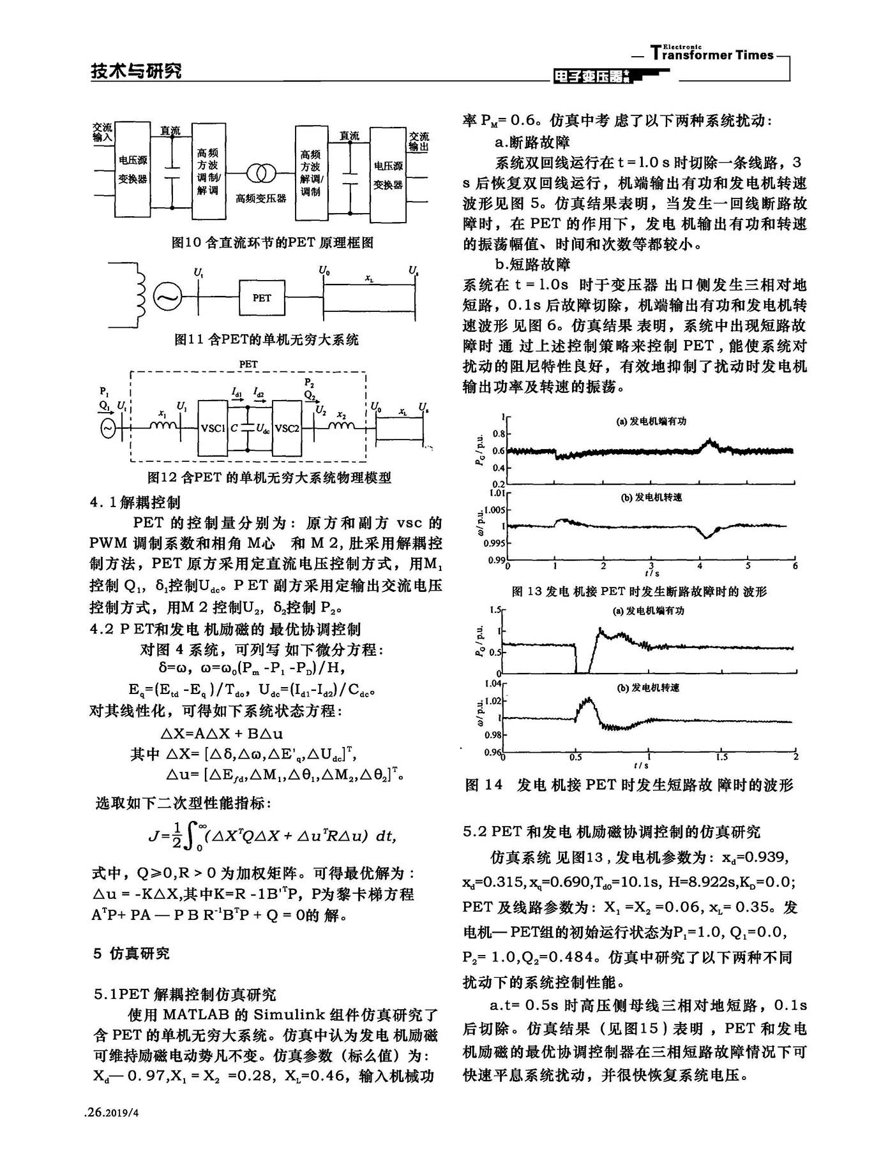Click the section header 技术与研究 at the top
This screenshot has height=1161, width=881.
136,71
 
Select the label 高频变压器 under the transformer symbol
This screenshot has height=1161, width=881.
261,198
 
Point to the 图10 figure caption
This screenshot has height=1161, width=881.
273,242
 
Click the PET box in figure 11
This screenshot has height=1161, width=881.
262,298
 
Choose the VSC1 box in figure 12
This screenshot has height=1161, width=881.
213,429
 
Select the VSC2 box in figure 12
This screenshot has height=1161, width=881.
287,429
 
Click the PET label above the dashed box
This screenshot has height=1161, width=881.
248,364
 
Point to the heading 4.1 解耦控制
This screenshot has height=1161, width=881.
135,503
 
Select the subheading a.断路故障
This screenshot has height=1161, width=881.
532,142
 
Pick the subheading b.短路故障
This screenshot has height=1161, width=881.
532,264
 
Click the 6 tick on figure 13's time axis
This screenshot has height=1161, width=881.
795,566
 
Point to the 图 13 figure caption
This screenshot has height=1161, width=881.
639,592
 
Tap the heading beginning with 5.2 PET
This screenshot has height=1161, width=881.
612,832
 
